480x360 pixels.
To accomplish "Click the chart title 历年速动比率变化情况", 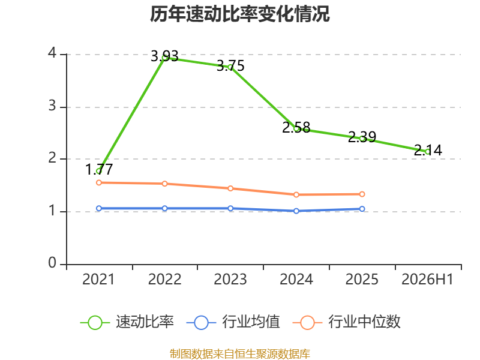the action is (x=239, y=14).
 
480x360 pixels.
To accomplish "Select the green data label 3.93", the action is (x=164, y=56).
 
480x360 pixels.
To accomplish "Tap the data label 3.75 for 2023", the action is (x=230, y=65).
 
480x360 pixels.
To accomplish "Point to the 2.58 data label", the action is (x=296, y=127).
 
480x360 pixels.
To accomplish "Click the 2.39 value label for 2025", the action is (x=362, y=137).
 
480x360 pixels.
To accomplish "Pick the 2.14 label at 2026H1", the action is (x=428, y=150).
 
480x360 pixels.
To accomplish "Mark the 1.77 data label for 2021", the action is (x=99, y=169).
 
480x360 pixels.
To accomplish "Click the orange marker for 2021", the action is (x=99, y=183).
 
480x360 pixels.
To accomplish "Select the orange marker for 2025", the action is (x=362, y=194).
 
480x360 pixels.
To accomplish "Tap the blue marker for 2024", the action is (x=296, y=211).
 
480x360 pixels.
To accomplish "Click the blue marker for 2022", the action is (x=164, y=208).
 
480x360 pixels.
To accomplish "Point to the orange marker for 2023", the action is (x=230, y=188).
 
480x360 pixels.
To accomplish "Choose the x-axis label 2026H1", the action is (x=427, y=279).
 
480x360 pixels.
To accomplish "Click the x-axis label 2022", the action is (x=164, y=279).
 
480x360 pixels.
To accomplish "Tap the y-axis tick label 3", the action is (x=52, y=106).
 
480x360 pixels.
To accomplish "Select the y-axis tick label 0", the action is (x=52, y=263).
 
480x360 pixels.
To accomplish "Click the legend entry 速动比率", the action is (x=127, y=322).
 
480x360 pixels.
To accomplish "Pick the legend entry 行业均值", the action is (x=233, y=322).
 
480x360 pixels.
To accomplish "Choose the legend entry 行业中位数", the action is (x=347, y=322).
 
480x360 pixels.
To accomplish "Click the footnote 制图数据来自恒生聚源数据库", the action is (x=239, y=353).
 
